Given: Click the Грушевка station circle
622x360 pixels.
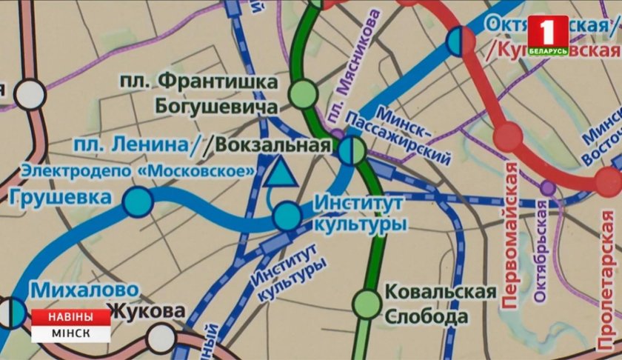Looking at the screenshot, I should [x=138, y=201].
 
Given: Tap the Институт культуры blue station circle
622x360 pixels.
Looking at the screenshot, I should [x=287, y=216].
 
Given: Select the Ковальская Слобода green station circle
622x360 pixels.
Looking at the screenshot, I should [x=366, y=302].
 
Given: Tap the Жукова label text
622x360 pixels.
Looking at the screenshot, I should [x=146, y=310].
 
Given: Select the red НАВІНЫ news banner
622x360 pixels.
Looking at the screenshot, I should [x=71, y=316].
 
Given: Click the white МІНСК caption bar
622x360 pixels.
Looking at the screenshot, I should [x=71, y=333].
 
